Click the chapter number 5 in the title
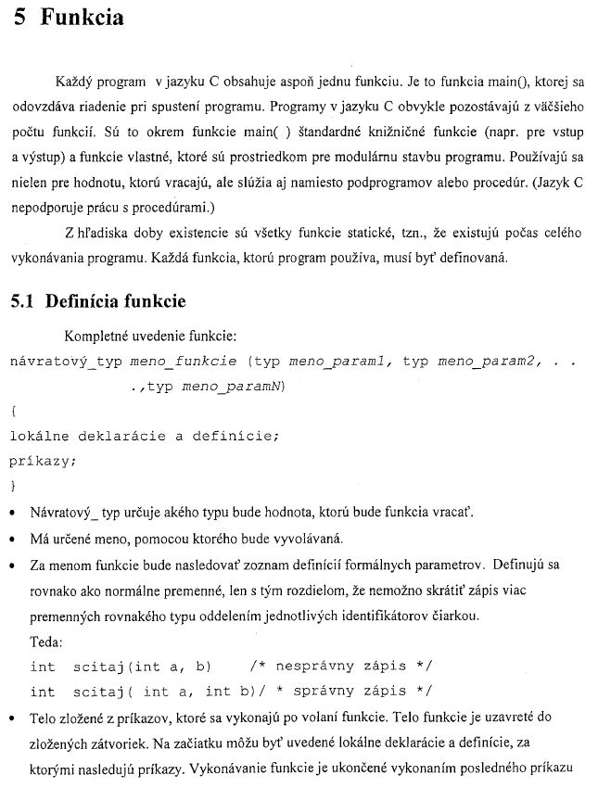click(21, 19)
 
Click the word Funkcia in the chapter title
click(83, 19)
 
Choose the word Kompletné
click(102, 335)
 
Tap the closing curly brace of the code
click(13, 485)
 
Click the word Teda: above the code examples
click(46, 642)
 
